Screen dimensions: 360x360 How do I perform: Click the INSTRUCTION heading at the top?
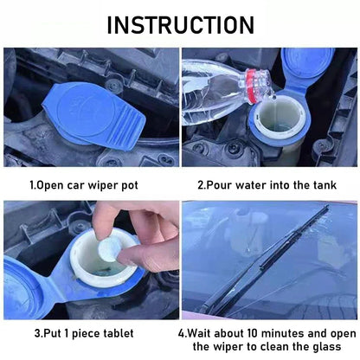pyautogui.click(x=180, y=23)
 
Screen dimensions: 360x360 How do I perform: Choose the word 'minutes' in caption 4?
pyautogui.click(x=286, y=333)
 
